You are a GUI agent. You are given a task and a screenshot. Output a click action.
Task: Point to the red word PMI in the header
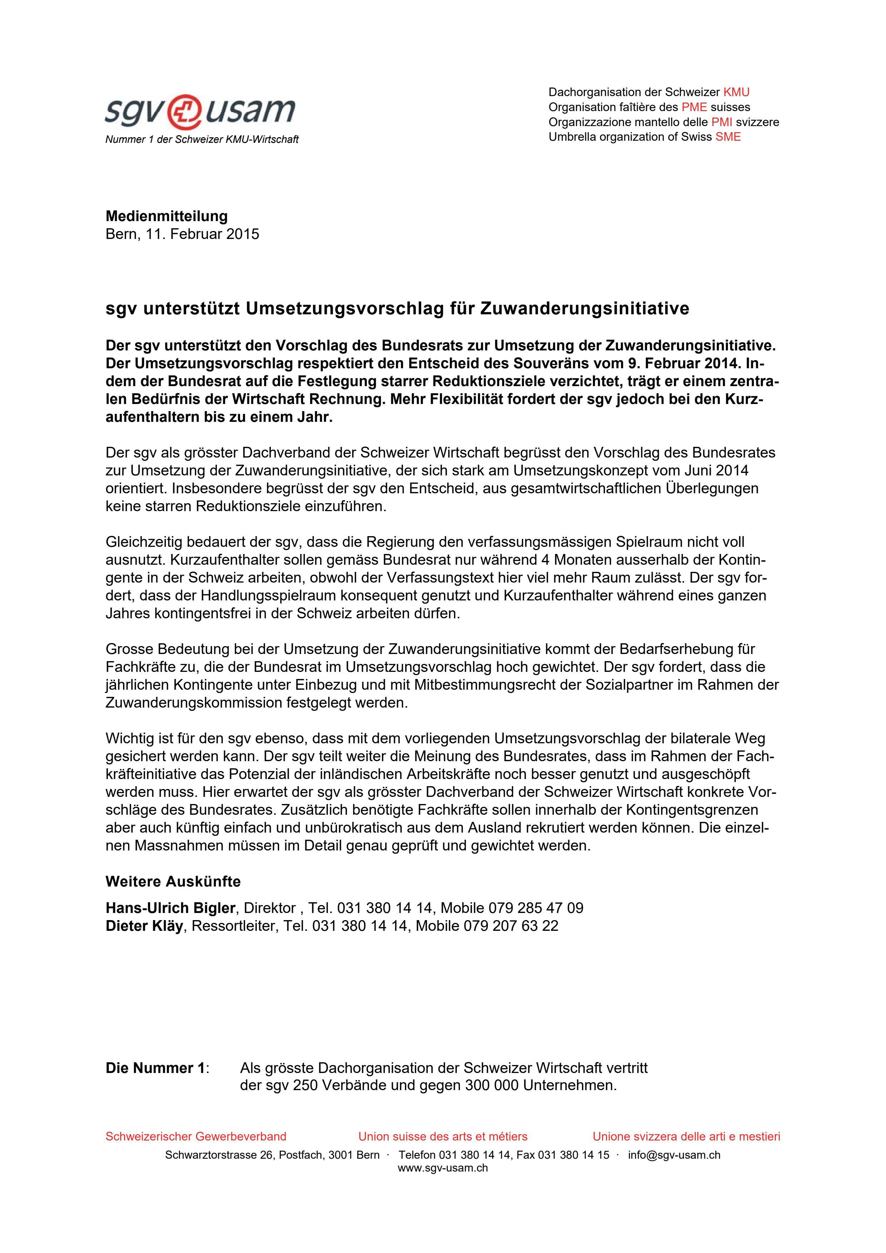click(x=721, y=122)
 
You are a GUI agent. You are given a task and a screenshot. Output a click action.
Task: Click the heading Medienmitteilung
click(x=167, y=216)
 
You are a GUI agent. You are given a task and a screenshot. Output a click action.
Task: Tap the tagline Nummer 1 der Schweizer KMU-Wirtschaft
click(x=202, y=140)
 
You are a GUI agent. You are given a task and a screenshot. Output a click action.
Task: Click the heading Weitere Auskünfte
click(x=173, y=882)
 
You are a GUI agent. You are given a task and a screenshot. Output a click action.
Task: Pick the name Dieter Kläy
click(x=144, y=926)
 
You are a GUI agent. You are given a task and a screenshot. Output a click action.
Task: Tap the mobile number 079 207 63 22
click(x=511, y=926)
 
